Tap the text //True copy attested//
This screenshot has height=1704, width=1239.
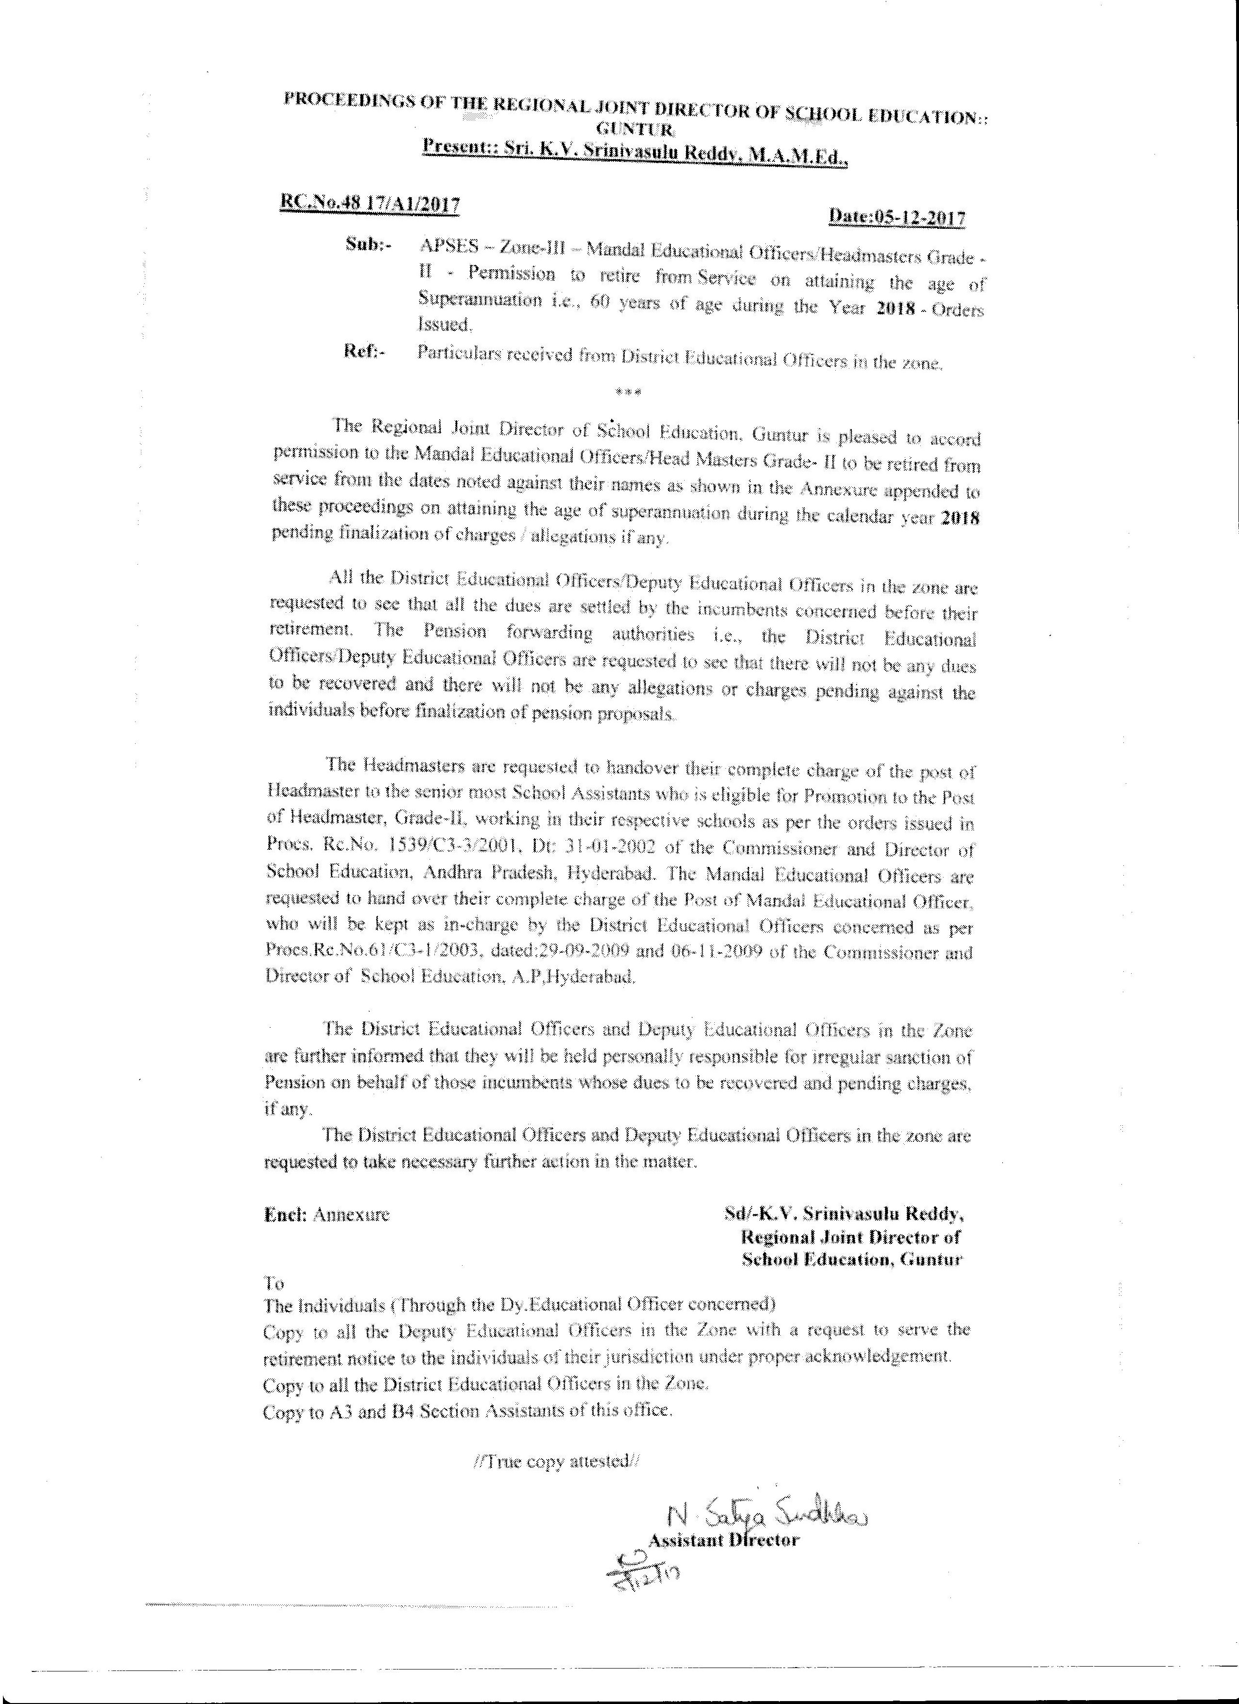point(558,1462)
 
